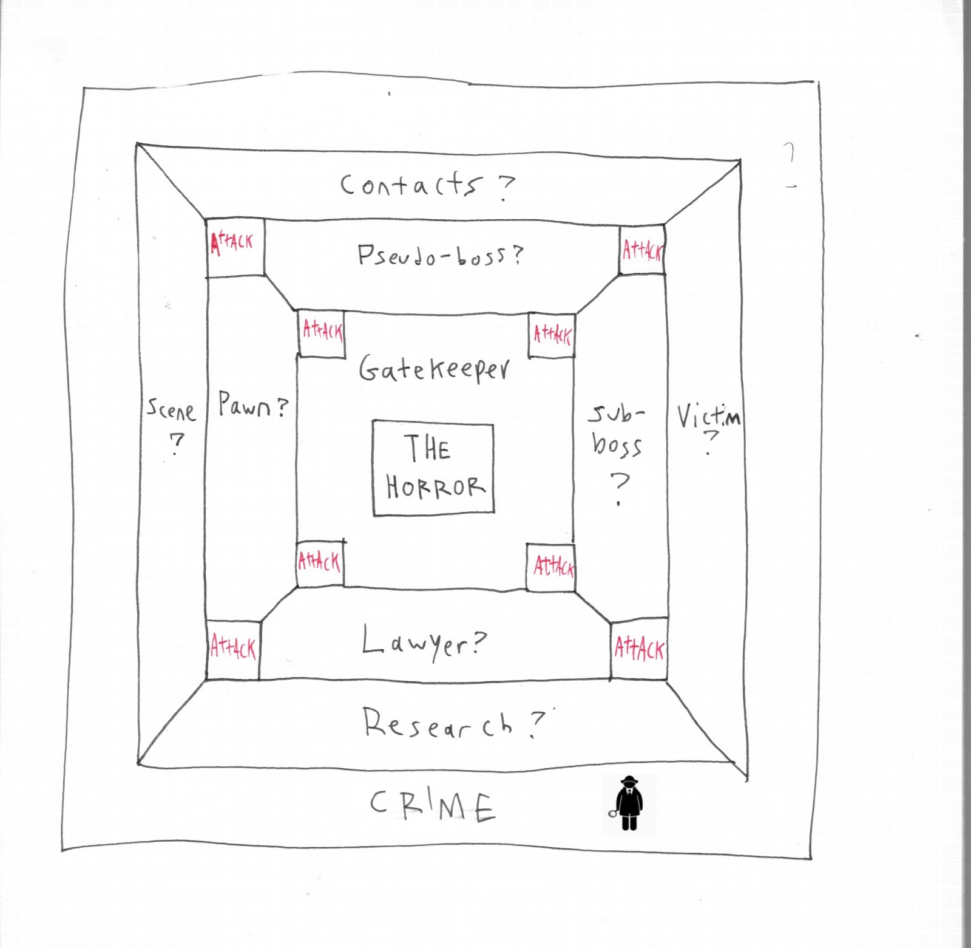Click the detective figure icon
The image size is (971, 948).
[x=629, y=803]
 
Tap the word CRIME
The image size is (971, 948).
[x=433, y=806]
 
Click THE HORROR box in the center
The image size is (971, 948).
[x=433, y=468]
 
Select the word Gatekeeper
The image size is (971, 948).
[x=434, y=369]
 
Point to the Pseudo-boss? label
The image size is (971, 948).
[x=439, y=255]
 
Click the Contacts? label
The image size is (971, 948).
[x=427, y=185]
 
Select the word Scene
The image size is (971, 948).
[x=171, y=410]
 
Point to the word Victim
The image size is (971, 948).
[x=708, y=417]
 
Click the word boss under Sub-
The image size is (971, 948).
[x=617, y=446]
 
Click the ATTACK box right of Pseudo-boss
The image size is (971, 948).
[x=642, y=250]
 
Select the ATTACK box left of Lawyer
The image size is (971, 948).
[x=233, y=649]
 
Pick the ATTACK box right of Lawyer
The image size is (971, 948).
[x=639, y=649]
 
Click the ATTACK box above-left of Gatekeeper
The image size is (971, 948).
[x=322, y=333]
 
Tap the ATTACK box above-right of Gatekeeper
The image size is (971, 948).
[x=552, y=335]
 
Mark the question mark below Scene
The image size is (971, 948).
[x=176, y=444]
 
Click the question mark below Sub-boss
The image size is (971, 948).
[x=620, y=488]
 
